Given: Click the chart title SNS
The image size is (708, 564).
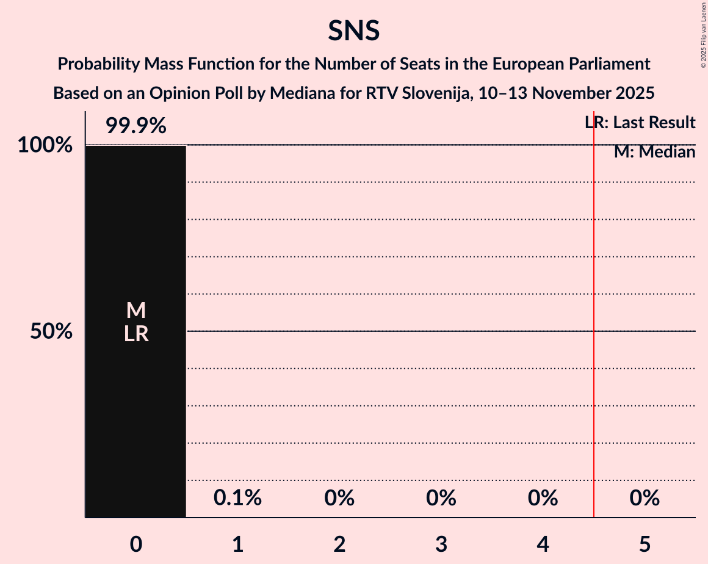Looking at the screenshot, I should pos(353,31).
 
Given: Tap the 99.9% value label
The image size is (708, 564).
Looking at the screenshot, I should pos(135,126).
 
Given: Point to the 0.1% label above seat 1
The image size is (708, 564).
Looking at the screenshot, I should pos(237,498).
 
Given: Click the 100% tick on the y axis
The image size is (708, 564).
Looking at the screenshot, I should pos(45,145).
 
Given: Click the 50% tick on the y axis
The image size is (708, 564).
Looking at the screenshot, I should pos(51,331).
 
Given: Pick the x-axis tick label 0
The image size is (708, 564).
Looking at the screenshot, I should pos(135,543).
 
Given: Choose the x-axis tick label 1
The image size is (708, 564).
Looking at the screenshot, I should pos(237,543).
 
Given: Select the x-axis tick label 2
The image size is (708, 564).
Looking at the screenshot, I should pos(339,543).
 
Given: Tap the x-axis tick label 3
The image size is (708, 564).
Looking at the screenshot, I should pos(441,543).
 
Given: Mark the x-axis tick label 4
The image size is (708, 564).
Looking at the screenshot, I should pos(543,543).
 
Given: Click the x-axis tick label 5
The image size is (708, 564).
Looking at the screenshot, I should pos(645,543).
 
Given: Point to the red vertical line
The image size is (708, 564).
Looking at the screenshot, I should pos(594,366).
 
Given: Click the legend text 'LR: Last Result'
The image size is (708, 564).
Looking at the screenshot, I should pos(640,123).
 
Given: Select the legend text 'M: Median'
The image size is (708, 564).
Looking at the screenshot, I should pos(654,152).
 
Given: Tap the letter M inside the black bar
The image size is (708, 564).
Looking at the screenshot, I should pos(135,311).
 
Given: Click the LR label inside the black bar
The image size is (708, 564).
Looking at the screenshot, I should pos(135,334).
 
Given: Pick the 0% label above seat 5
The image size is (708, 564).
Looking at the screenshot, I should pos(645,498).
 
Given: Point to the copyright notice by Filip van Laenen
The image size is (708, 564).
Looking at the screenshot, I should pos(703,35).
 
